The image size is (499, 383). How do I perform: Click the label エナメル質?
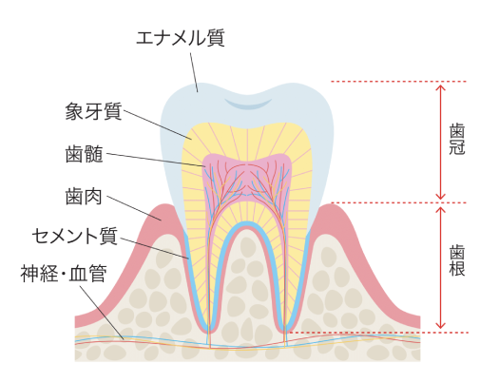coord(181,38)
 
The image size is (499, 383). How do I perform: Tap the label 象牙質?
coord(93,111)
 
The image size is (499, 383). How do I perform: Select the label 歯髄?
coord(85,154)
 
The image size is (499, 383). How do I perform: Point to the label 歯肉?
coord(84,197)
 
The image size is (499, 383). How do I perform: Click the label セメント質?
coord(75,236)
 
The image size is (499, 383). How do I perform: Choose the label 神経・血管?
coord(64,274)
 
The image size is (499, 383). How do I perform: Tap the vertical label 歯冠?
coord(457,140)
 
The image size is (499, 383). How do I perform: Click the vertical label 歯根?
coord(457,260)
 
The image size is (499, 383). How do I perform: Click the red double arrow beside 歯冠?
coord(440,142)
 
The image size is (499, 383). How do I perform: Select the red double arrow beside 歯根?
coord(440,267)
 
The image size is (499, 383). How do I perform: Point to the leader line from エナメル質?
coord(194,72)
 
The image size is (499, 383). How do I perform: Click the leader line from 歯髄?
coord(156,160)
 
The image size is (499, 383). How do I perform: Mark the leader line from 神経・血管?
coord(102,313)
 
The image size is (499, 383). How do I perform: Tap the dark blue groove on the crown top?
coord(248,104)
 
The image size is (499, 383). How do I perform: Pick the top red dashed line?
coord(398,82)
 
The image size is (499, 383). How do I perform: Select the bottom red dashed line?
coord(377,333)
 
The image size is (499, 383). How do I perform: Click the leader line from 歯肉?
coord(134,208)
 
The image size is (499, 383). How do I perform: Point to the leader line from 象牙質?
coord(158,124)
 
